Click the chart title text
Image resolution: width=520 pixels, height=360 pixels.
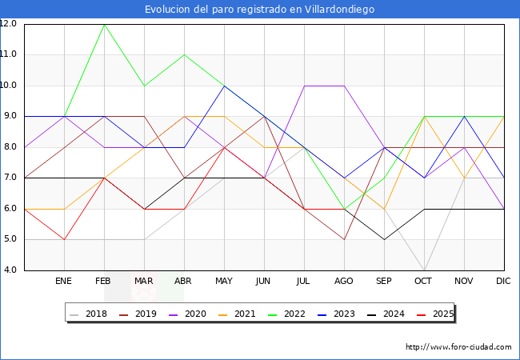click(259, 10)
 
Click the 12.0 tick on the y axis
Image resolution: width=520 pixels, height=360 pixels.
click(10, 24)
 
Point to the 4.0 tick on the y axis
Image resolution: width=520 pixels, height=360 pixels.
click(11, 270)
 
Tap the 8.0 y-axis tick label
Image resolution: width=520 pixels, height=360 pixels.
click(11, 147)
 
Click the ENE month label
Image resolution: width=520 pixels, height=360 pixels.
click(65, 282)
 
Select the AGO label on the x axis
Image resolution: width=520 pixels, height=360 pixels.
click(344, 282)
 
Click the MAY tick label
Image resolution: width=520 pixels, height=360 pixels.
click(224, 282)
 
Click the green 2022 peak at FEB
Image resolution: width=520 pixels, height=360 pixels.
click(105, 24)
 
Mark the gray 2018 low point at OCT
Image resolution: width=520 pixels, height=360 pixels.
click(424, 270)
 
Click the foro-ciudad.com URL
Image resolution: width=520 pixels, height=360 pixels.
click(458, 347)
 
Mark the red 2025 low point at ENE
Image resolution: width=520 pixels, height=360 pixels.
click(65, 239)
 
